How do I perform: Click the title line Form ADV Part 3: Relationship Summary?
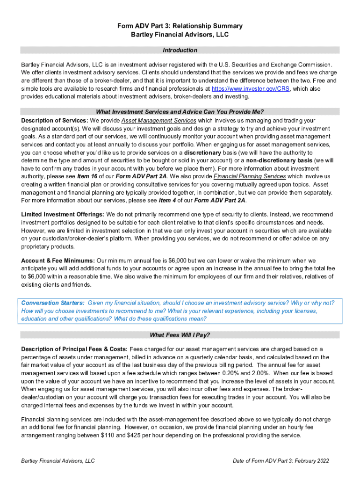pyautogui.click(x=180, y=26)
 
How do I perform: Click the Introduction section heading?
pyautogui.click(x=180, y=50)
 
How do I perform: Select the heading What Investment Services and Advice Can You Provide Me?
pyautogui.click(x=180, y=112)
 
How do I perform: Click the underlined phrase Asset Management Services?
pyautogui.click(x=159, y=121)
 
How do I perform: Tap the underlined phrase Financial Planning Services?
pyautogui.click(x=250, y=176)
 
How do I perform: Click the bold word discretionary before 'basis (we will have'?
pyautogui.click(x=202, y=152)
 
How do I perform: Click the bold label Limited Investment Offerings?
pyautogui.click(x=63, y=215)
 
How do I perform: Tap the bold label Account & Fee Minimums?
pyautogui.click(x=58, y=261)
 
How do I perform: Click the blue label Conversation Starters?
pyautogui.click(x=53, y=303)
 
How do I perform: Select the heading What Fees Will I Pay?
pyautogui.click(x=180, y=335)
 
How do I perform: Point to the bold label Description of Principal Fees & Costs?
pyautogui.click(x=74, y=349)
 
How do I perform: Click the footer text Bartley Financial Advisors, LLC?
pyautogui.click(x=58, y=461)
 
